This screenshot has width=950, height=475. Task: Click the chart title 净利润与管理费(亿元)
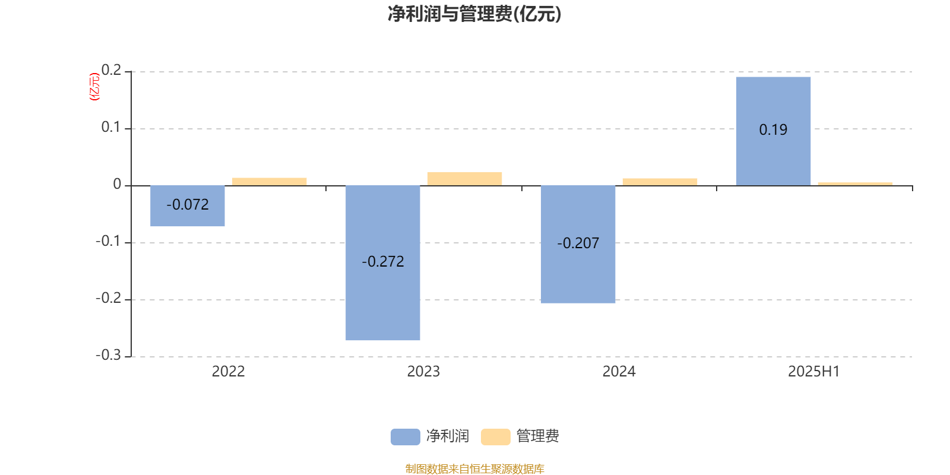[x=474, y=14]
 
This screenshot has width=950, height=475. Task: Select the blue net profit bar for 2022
[x=188, y=205]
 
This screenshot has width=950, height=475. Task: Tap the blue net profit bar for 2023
[x=382, y=263]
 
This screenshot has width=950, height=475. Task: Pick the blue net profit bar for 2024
[x=578, y=244]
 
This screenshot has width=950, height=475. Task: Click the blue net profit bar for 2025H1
[x=773, y=131]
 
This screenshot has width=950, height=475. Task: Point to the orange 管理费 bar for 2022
[x=270, y=182]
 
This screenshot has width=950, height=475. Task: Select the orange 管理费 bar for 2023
[x=464, y=179]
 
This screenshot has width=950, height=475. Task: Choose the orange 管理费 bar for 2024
[x=660, y=182]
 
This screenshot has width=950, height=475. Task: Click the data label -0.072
[x=188, y=205]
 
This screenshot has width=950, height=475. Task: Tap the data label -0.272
[x=382, y=262]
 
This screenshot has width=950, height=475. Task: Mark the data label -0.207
[x=578, y=243]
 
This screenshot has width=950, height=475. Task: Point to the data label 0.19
[x=773, y=130]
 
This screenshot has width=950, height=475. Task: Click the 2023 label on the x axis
[x=423, y=372]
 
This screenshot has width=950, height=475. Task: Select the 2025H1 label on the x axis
[x=814, y=372]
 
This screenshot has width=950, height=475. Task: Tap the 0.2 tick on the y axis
[x=111, y=70]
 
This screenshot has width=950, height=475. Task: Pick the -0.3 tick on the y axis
[x=108, y=355]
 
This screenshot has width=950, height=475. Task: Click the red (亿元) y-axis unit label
[x=94, y=87]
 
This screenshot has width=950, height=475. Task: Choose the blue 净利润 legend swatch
[x=406, y=437]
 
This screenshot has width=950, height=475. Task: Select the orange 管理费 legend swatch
[x=495, y=437]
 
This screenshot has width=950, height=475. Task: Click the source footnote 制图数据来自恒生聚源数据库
[x=474, y=468]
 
